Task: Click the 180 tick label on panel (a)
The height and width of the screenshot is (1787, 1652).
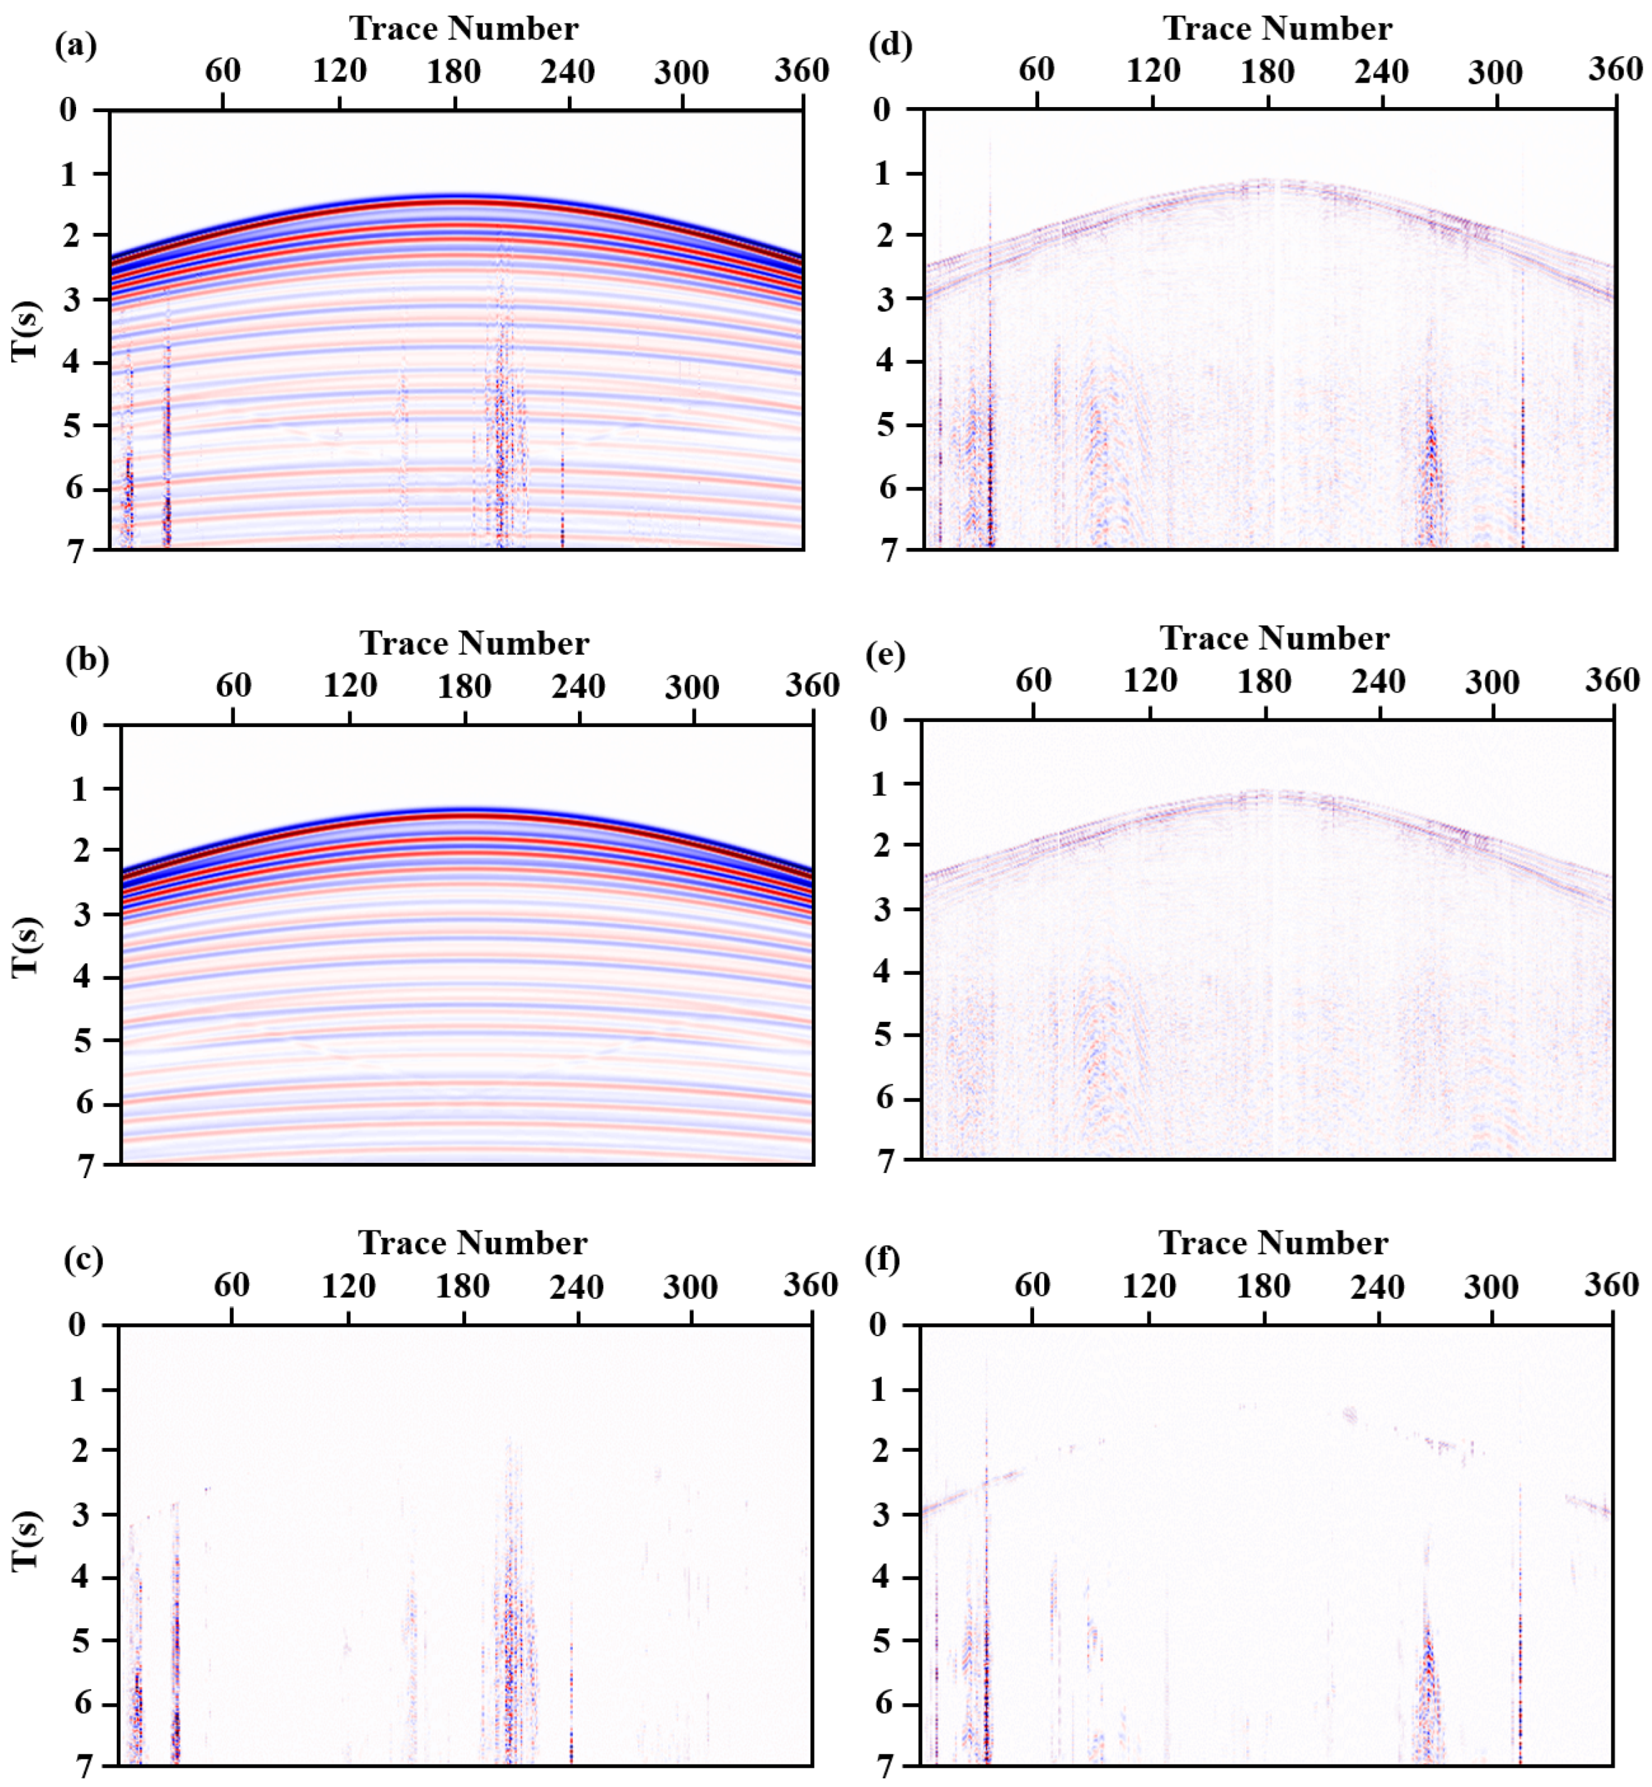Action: [454, 72]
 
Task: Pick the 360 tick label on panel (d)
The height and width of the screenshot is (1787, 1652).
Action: [1614, 70]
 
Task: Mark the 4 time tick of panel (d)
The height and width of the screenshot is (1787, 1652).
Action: [882, 362]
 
